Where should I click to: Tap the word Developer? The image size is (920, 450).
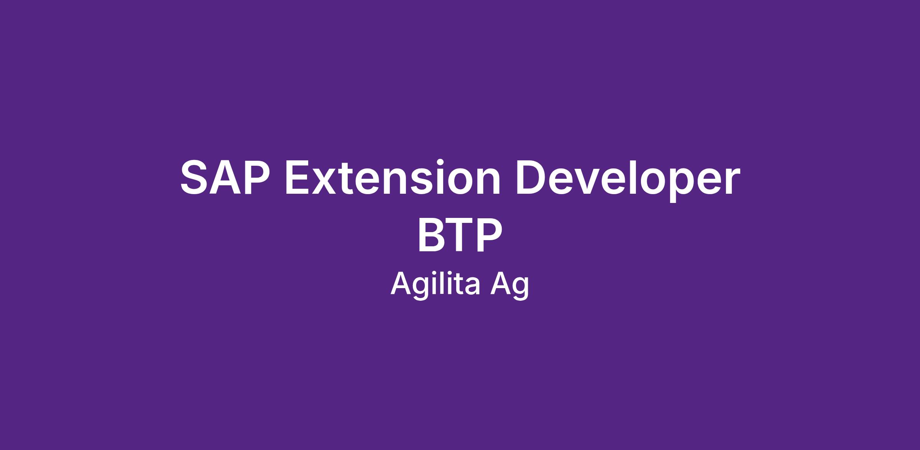point(628,180)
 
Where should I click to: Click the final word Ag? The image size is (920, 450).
point(510,286)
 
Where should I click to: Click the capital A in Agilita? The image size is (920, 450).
point(401,284)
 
